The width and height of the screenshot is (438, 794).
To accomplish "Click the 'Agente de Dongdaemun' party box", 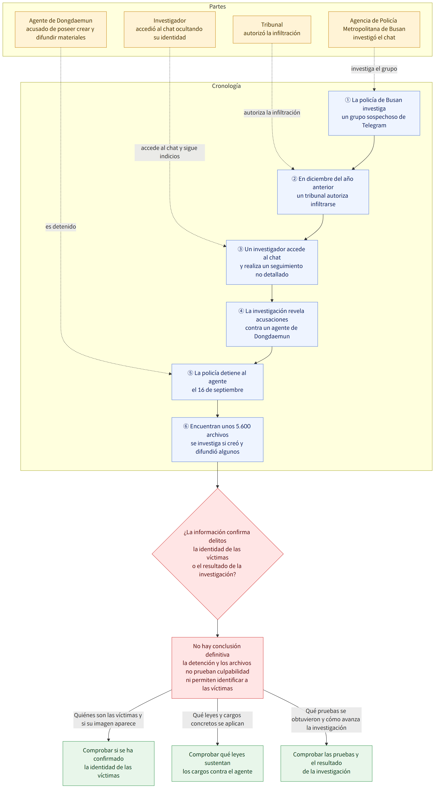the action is point(61,29).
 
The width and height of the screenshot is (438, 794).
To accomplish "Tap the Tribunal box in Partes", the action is point(272,29).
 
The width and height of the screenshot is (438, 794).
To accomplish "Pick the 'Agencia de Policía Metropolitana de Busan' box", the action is point(374,29).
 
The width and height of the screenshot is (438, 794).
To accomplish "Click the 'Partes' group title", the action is point(218,6).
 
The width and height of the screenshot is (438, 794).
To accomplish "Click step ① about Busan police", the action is point(374,113).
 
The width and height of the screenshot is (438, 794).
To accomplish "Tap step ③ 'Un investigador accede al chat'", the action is point(272,262).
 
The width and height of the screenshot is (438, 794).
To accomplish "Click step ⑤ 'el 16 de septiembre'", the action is point(218,382).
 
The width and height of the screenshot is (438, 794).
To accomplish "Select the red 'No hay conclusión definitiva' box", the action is point(218,667).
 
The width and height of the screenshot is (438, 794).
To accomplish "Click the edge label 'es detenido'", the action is point(61,227).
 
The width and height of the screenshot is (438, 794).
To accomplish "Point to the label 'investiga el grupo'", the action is point(374,69).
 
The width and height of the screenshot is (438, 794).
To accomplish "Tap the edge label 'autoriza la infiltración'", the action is point(272,113).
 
